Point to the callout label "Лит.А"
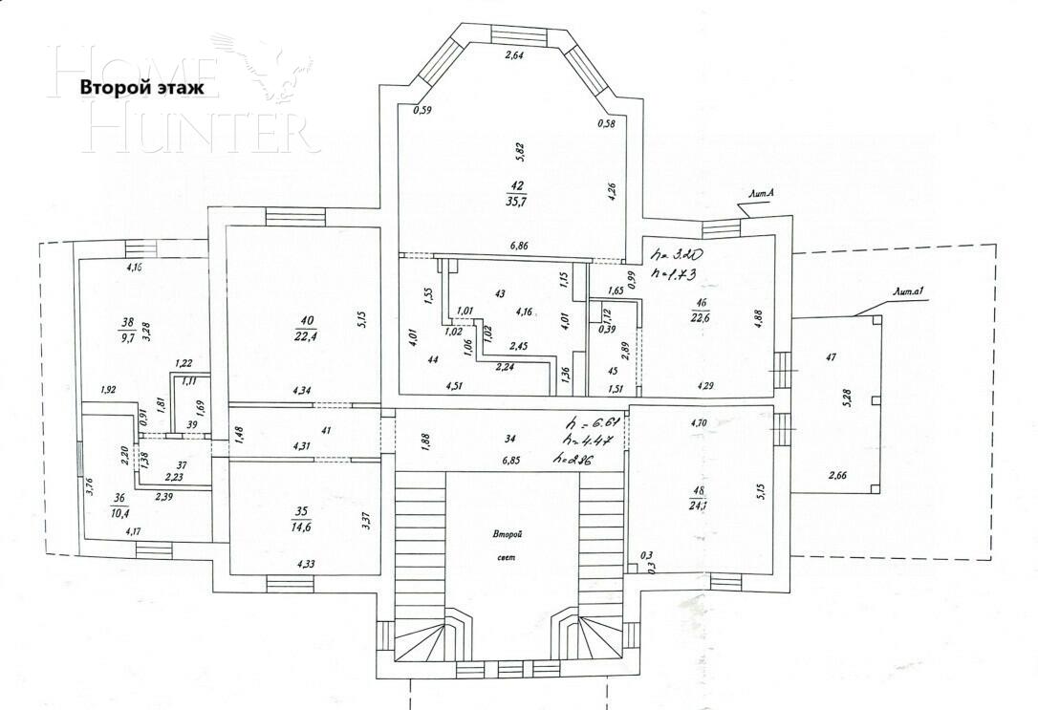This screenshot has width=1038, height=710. [760, 194]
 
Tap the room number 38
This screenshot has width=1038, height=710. [126, 322]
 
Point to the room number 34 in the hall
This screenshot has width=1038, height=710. [511, 440]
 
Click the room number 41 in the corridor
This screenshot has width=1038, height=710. [326, 432]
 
